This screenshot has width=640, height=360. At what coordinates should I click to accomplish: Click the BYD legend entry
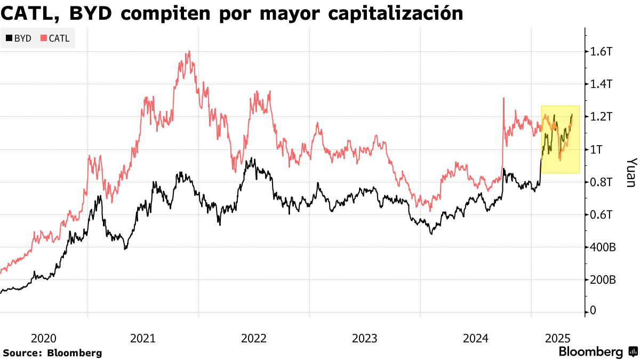pyautogui.click(x=19, y=38)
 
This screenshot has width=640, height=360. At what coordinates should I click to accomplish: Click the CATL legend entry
pyautogui.click(x=55, y=38)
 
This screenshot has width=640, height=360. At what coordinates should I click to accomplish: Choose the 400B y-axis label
pyautogui.click(x=603, y=247)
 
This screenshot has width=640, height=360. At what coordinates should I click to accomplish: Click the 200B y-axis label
pyautogui.click(x=603, y=280)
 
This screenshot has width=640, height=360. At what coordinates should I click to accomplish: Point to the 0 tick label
pyautogui.click(x=593, y=311)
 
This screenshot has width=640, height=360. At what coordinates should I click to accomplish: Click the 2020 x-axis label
pyautogui.click(x=44, y=338)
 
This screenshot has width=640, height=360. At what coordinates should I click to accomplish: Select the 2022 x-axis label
pyautogui.click(x=254, y=338)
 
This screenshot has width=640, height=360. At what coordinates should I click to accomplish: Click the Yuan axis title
pyautogui.click(x=630, y=172)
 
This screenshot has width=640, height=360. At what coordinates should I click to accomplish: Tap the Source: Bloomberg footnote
pyautogui.click(x=52, y=353)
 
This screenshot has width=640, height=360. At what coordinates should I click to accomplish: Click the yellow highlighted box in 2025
pyautogui.click(x=560, y=139)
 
